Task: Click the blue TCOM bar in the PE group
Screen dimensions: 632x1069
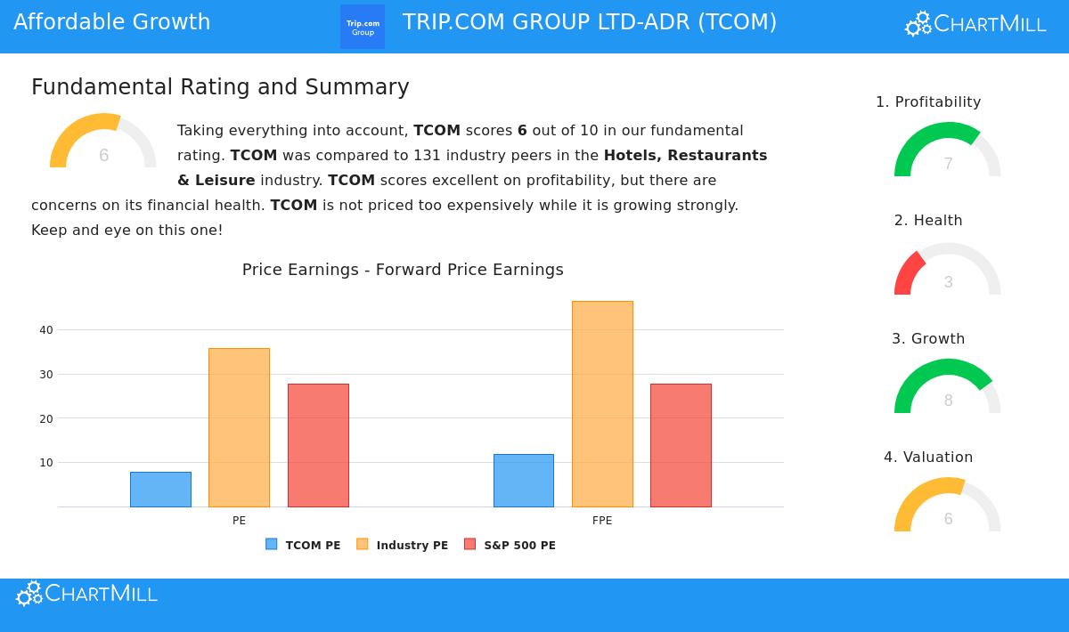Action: [x=160, y=490]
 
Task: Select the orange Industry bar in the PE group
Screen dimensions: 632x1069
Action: [x=239, y=427]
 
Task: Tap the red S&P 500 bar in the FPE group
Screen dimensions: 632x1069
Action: [x=681, y=445]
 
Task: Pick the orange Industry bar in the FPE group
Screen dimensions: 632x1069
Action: [x=602, y=404]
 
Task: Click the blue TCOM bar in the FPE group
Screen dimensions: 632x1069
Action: [x=524, y=481]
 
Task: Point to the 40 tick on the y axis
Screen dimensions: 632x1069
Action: [x=46, y=329]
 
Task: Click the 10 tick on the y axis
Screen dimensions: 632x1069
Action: [x=46, y=463]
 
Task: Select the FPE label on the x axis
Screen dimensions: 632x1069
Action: [x=602, y=521]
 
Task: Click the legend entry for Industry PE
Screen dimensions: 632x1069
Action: [x=403, y=545]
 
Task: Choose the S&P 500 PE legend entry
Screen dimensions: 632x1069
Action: [x=510, y=545]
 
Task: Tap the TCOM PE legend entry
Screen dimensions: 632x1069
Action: [x=304, y=545]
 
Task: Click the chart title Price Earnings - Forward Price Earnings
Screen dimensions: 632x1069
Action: [x=403, y=270]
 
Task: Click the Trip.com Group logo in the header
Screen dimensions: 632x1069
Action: [x=363, y=27]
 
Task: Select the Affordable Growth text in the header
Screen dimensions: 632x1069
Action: [x=112, y=22]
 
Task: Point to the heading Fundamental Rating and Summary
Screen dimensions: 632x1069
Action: [x=220, y=87]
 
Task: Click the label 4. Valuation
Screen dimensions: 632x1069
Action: [x=928, y=457]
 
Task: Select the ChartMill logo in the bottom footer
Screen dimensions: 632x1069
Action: [x=86, y=594]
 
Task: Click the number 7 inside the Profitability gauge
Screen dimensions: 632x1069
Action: [x=948, y=164]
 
